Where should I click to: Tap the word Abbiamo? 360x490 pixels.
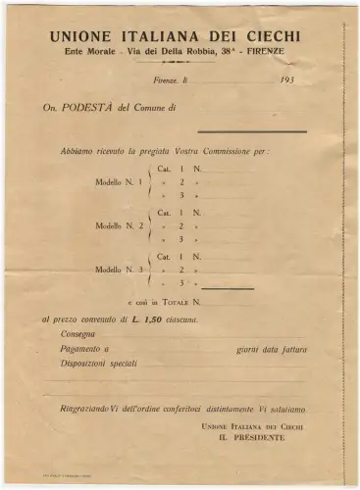(77, 151)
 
